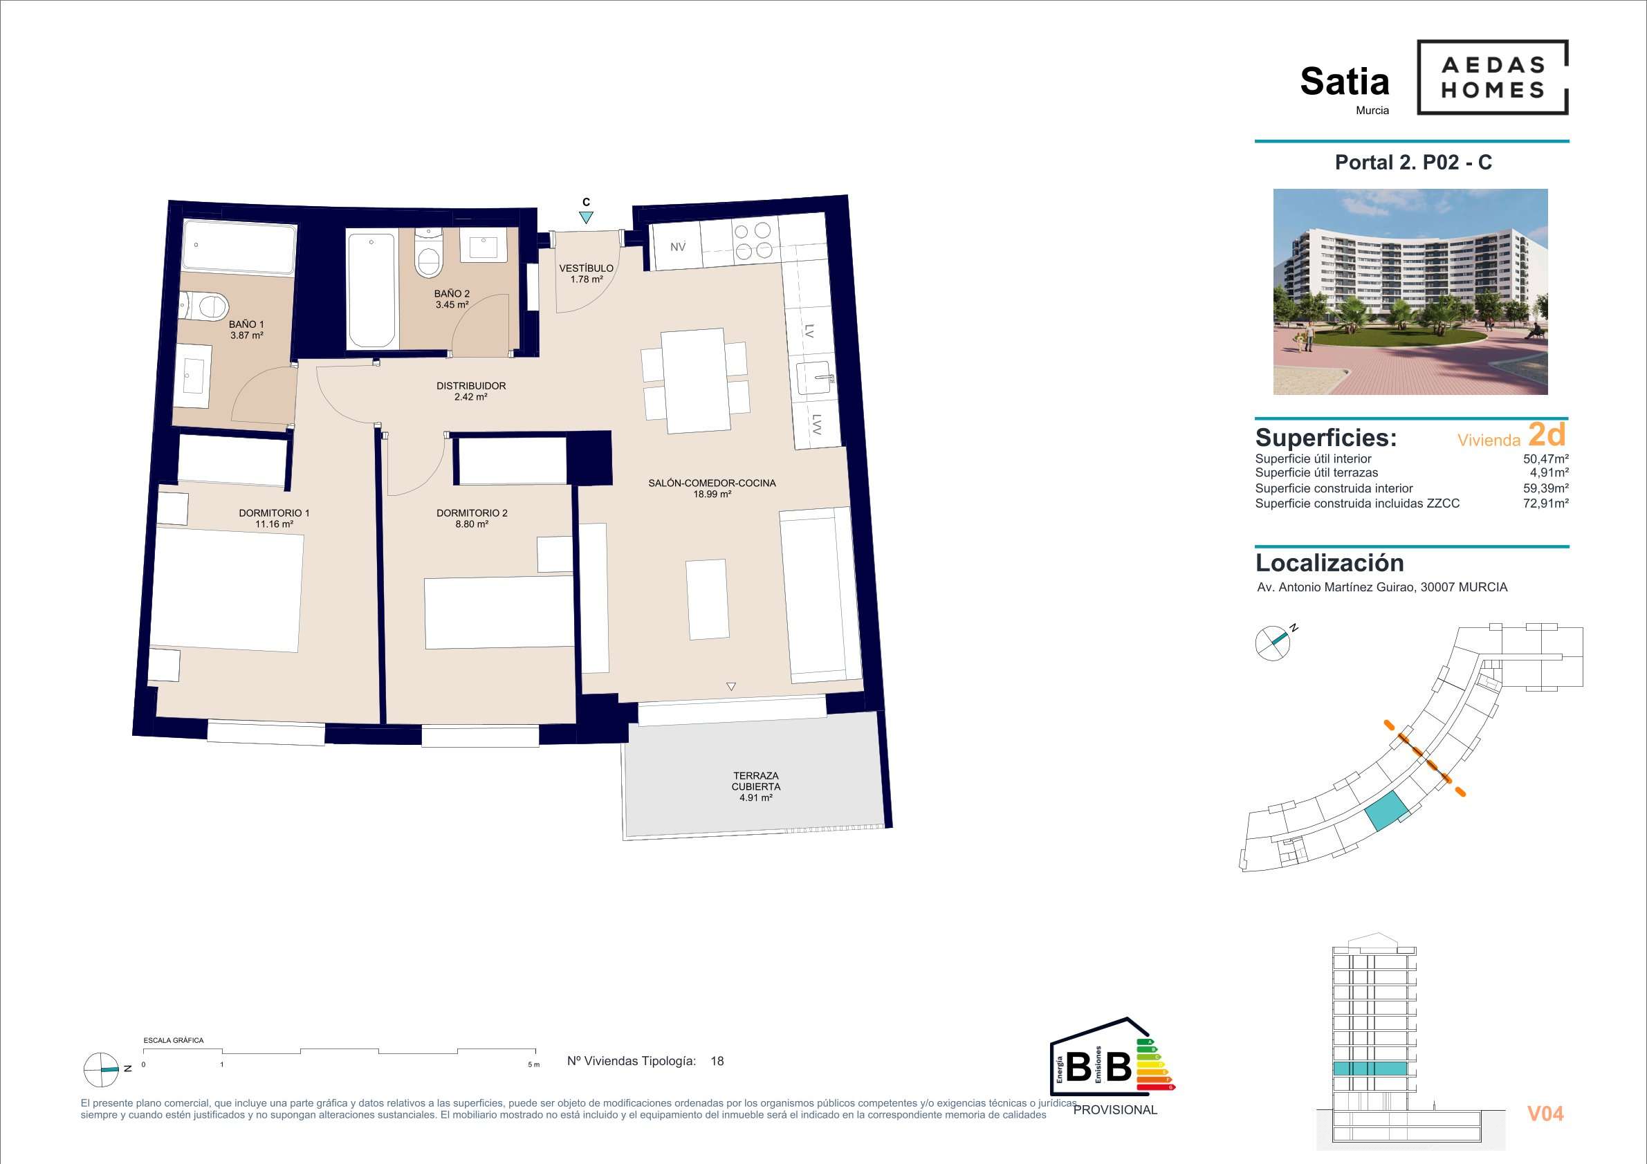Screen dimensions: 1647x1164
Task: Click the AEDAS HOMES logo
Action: (1492, 77)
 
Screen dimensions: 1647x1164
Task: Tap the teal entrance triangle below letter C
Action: (586, 217)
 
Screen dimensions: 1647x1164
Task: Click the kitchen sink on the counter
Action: (816, 378)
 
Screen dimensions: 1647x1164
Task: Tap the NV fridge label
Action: (678, 247)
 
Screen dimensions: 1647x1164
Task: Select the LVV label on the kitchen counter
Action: (817, 425)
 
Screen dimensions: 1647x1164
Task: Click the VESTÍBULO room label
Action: (586, 268)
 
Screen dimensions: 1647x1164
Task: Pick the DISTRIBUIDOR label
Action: (471, 386)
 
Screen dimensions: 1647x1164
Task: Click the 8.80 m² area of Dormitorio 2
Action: (471, 524)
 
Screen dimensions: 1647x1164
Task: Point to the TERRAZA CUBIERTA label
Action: (756, 781)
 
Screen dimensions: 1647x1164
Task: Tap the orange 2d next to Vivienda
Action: (1547, 434)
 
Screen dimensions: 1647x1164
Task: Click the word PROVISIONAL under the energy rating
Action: (1116, 1110)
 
